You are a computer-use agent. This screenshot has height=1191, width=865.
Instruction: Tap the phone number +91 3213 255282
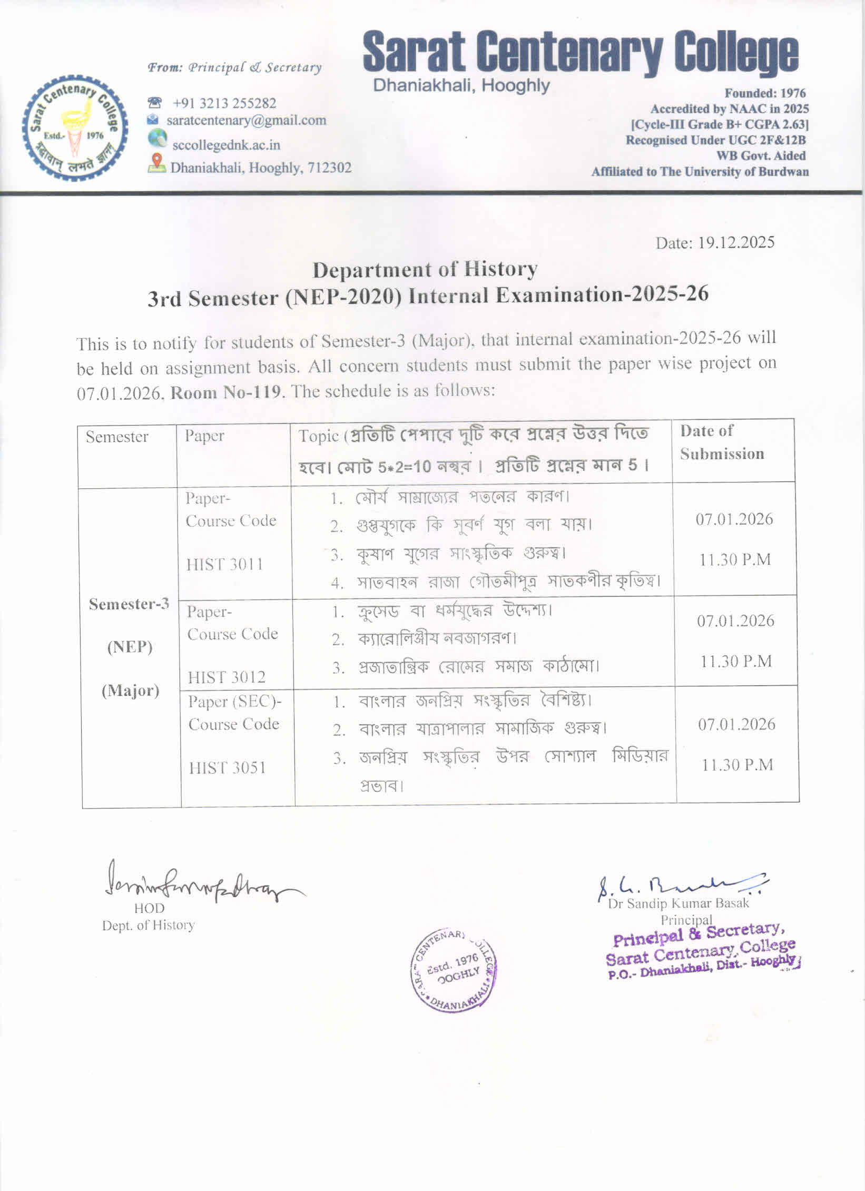(224, 103)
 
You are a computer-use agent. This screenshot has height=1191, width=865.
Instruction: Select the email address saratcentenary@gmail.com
(246, 121)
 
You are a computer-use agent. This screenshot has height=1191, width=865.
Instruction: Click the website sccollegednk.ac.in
(226, 145)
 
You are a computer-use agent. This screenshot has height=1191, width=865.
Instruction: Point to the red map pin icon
(156, 162)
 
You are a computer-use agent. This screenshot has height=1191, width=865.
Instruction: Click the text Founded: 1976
(765, 93)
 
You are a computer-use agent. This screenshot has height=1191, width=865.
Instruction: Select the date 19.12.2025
(736, 243)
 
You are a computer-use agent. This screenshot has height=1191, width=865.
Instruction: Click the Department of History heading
(425, 270)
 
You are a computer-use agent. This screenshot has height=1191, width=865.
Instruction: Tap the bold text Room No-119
(225, 392)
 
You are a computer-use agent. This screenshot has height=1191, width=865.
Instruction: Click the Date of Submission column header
(721, 442)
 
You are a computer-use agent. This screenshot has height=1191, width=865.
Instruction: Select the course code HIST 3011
(224, 565)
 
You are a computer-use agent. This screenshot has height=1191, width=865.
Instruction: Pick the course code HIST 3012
(227, 677)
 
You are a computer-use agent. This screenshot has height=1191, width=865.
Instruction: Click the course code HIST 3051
(227, 767)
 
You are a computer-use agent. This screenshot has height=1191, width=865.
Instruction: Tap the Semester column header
(117, 437)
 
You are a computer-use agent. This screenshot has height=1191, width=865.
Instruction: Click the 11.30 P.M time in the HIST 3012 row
(735, 661)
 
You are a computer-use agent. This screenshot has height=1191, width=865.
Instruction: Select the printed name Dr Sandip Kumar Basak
(678, 903)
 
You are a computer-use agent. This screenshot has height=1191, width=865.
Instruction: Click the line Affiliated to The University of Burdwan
(700, 172)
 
